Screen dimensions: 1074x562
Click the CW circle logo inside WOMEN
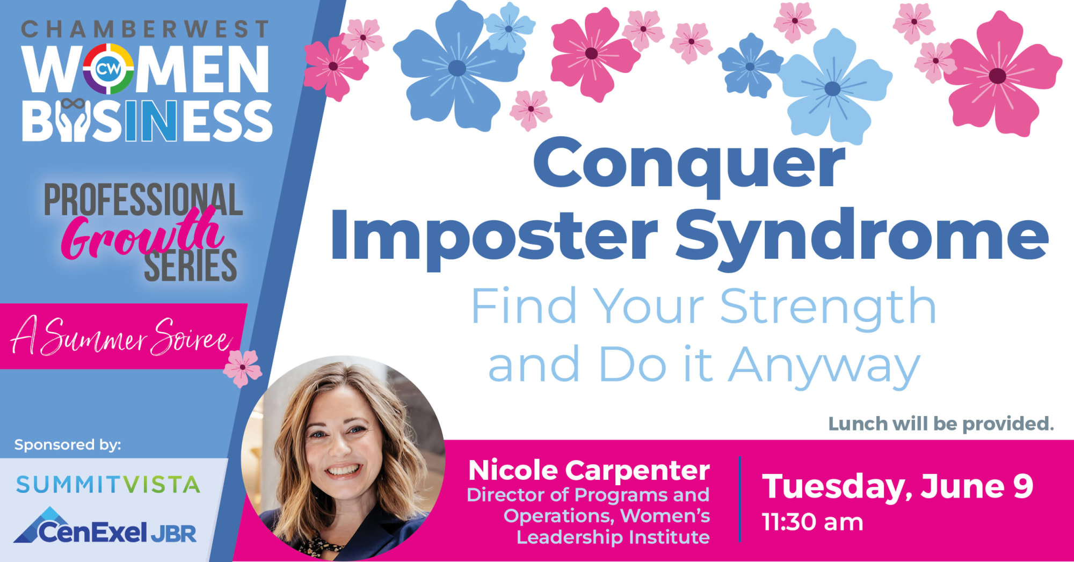pyautogui.click(x=108, y=69)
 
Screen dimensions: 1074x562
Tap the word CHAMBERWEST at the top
pyautogui.click(x=145, y=30)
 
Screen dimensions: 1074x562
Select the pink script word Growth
pyautogui.click(x=142, y=234)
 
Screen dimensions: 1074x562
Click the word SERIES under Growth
pyautogui.click(x=190, y=265)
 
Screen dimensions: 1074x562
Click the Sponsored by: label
pyautogui.click(x=68, y=445)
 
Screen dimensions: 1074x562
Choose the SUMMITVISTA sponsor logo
pyautogui.click(x=108, y=485)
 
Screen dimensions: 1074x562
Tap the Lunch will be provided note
pyautogui.click(x=941, y=424)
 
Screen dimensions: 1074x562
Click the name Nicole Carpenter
pyautogui.click(x=589, y=471)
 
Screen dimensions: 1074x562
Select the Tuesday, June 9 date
pyautogui.click(x=897, y=487)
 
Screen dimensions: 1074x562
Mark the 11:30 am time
pyautogui.click(x=812, y=522)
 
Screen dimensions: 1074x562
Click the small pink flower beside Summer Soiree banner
pyautogui.click(x=242, y=368)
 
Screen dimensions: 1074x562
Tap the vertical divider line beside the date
pyautogui.click(x=740, y=499)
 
